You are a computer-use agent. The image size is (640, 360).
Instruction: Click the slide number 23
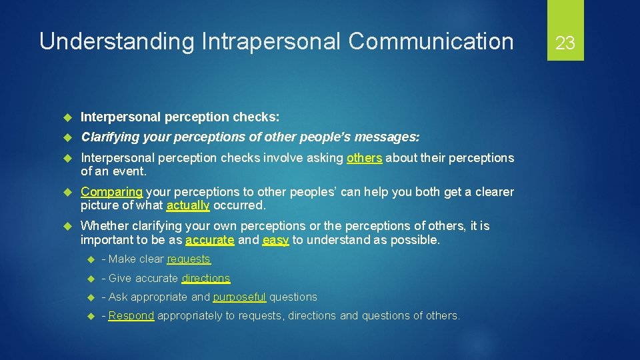tap(565, 43)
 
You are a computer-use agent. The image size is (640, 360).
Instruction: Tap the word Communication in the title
tap(431, 41)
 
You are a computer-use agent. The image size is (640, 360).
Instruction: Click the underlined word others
tap(364, 158)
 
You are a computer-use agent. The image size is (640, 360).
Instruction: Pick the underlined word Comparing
tap(111, 192)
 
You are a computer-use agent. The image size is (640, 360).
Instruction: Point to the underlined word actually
tap(188, 205)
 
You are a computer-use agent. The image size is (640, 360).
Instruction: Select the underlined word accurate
tap(210, 239)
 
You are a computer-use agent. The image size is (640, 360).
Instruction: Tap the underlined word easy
tap(275, 239)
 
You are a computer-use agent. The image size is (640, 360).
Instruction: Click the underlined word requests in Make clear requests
tap(189, 259)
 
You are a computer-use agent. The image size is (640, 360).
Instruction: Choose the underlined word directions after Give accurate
tap(205, 278)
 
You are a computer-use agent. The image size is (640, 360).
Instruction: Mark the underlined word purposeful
tap(239, 297)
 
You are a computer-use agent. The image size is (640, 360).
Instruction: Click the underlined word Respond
tap(131, 315)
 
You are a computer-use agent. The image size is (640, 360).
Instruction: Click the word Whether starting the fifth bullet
tap(103, 227)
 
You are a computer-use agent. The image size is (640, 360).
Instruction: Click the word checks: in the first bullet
tap(256, 117)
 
